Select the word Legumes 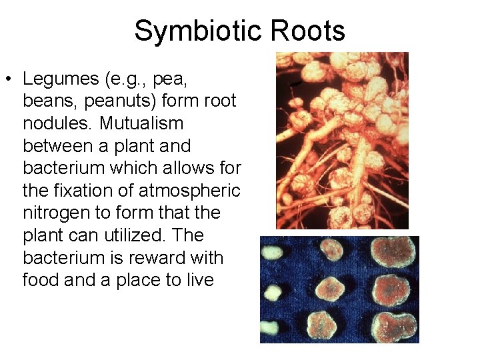coord(59,79)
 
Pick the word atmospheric coord(189,191)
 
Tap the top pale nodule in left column coord(271,252)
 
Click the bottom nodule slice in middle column coord(332,327)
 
